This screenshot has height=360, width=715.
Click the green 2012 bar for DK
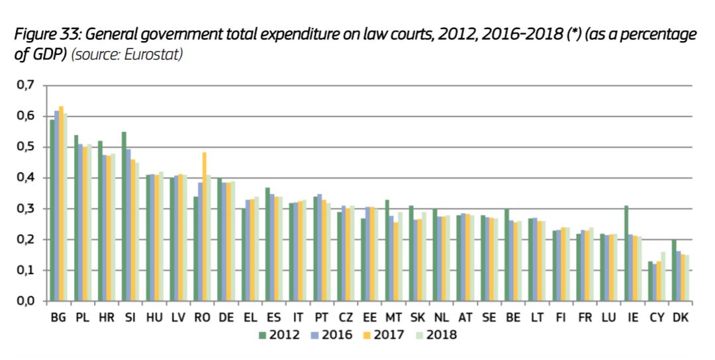click(674, 271)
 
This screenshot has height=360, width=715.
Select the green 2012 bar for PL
click(76, 218)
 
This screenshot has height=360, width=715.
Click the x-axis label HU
click(153, 318)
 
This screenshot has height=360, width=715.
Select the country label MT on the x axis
click(393, 318)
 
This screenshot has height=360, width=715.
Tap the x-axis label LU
click(608, 318)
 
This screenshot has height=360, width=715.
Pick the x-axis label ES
click(274, 318)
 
